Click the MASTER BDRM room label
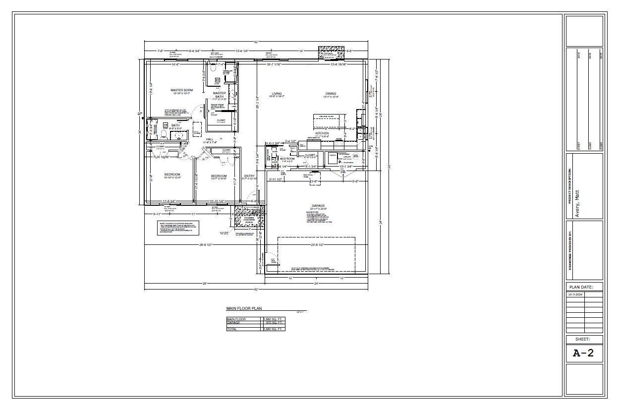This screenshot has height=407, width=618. coord(181,90)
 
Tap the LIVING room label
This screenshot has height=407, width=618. coord(277,93)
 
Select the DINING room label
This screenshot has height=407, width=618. coord(331,93)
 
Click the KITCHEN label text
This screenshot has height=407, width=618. coord(322,133)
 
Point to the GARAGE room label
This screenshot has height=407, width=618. coord(318,205)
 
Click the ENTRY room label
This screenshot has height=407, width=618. coord(249,175)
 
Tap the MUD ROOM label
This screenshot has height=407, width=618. coord(287,159)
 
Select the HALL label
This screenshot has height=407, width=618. coord(210,139)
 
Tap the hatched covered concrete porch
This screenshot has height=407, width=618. coord(249,216)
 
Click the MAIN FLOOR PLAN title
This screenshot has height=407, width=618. coord(244,308)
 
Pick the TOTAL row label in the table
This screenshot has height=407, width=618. coord(232,329)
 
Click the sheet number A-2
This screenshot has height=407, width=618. coord(583,353)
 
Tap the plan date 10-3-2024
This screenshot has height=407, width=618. coord(575,294)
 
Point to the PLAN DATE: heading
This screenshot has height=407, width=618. coord(584,287)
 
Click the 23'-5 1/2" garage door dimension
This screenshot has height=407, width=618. coord(317,245)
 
